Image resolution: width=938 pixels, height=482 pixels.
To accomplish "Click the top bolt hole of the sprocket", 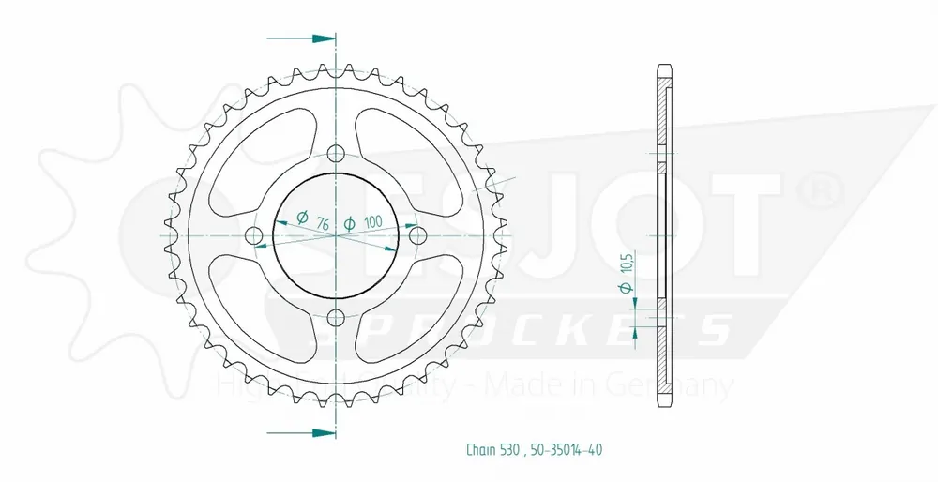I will (337, 154).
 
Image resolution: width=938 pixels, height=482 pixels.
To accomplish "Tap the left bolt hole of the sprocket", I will (254, 235).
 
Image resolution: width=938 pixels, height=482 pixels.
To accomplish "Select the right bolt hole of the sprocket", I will (418, 234).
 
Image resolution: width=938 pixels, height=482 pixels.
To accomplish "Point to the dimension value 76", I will (322, 222).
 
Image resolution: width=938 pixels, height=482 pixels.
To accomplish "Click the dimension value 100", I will (372, 222).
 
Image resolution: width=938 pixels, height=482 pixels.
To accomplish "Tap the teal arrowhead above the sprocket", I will (324, 38).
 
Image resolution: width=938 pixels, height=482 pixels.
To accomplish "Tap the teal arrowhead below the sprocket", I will (324, 433).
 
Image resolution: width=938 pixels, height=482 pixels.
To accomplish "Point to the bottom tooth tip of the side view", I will (664, 400).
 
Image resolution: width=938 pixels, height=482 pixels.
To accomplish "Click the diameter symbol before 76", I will (302, 218).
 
